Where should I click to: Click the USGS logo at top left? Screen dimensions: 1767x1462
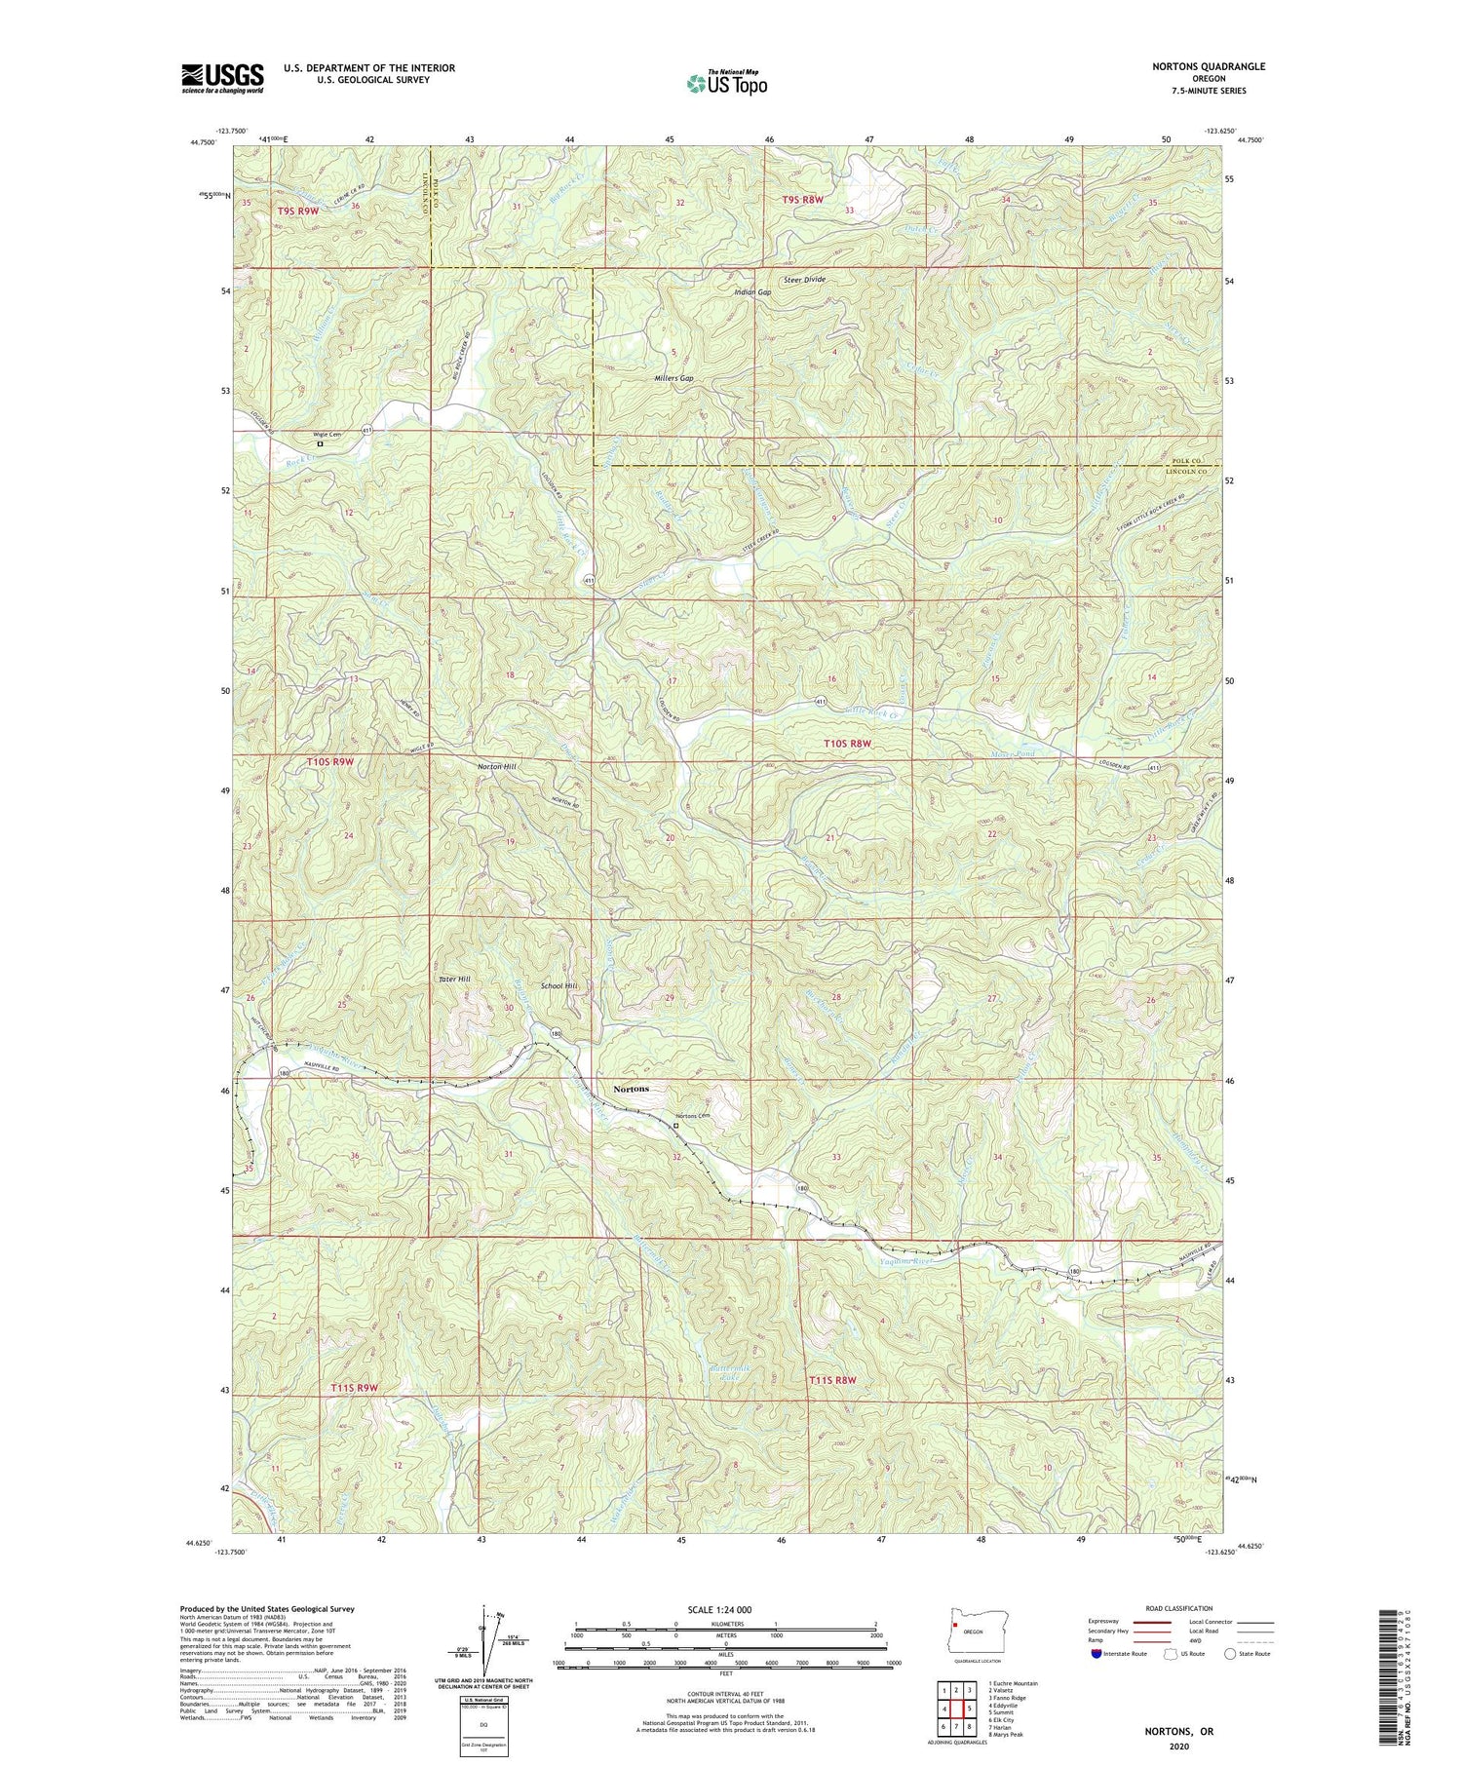(222, 78)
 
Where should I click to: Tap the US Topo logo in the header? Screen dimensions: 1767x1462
(726, 84)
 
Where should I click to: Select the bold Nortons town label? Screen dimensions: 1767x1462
(631, 1089)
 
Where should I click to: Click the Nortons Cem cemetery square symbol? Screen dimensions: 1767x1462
(676, 1126)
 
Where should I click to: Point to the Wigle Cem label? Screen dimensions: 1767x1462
(327, 435)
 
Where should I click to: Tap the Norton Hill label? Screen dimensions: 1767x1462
(497, 767)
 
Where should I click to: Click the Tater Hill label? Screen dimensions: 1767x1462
(454, 979)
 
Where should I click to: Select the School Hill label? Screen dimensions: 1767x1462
(559, 986)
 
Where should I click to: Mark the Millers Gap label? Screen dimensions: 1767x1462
(673, 378)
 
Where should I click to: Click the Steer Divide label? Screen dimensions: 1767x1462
(802, 280)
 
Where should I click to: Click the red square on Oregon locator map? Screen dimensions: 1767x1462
(957, 1626)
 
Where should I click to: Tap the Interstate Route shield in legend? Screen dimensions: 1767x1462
(1097, 1654)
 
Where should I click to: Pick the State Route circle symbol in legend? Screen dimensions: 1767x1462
(1231, 1654)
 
